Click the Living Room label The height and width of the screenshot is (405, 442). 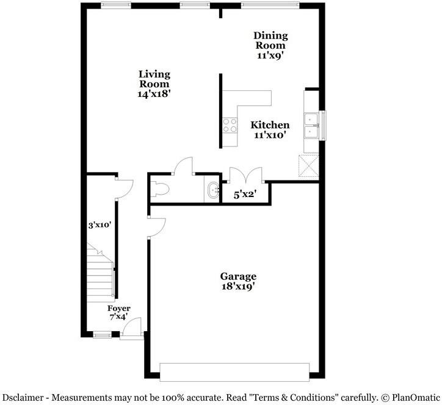[154, 79]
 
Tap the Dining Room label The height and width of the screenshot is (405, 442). [270, 40]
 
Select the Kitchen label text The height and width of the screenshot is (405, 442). [270, 125]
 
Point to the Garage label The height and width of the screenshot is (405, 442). [238, 276]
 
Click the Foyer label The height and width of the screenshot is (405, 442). [118, 309]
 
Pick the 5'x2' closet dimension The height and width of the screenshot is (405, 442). [245, 195]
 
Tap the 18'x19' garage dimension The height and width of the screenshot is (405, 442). [238, 286]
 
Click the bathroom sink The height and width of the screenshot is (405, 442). [213, 190]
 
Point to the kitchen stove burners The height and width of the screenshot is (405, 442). [230, 126]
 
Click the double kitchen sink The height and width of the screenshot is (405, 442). [311, 124]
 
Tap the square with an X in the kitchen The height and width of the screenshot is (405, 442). [308, 165]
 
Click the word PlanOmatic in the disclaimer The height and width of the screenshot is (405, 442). [413, 397]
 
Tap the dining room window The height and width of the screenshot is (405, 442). [270, 5]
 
